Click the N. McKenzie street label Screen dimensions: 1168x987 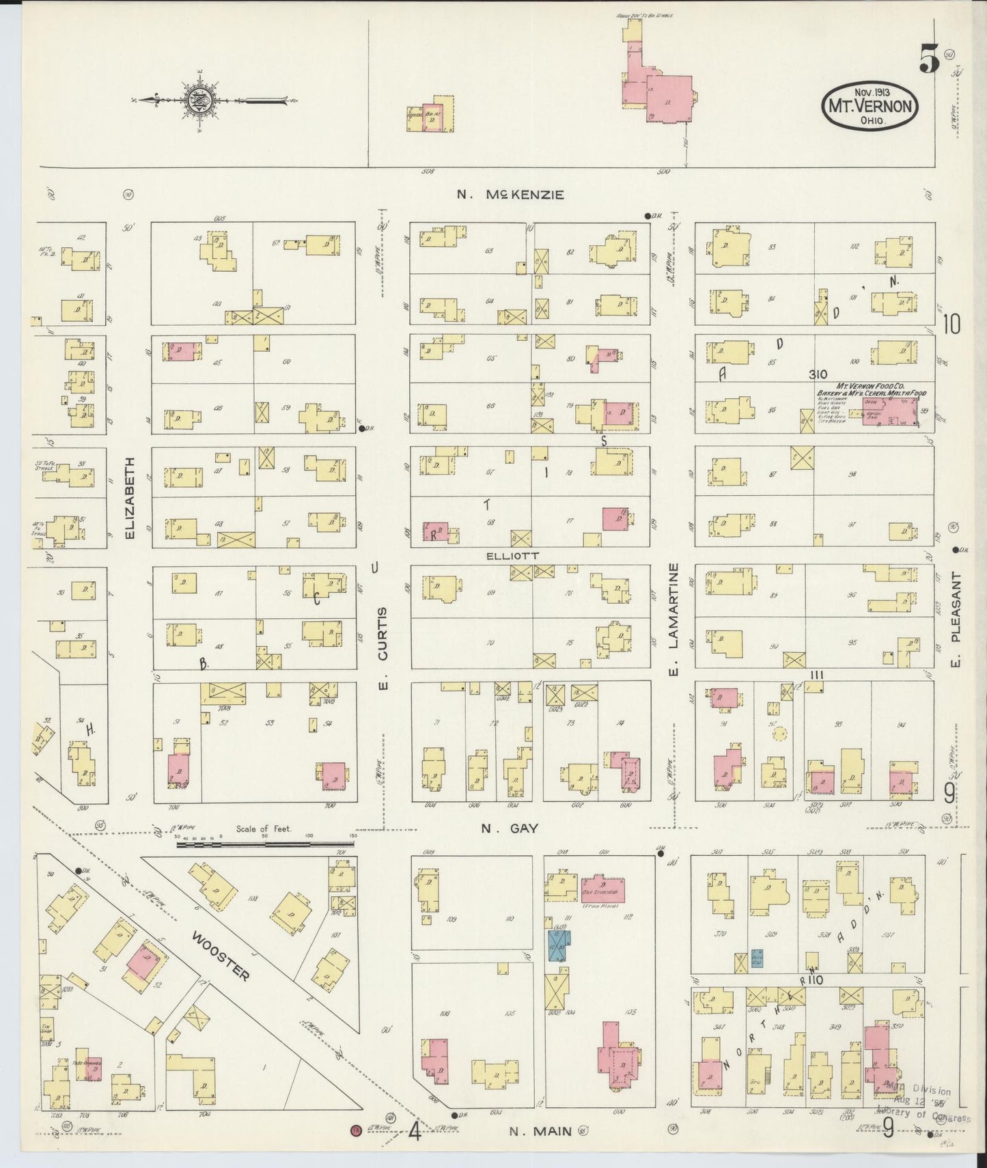click(x=510, y=195)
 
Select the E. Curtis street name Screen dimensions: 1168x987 click(x=383, y=648)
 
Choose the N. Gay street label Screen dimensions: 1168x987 click(x=510, y=829)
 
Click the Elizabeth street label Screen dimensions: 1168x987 click(x=130, y=498)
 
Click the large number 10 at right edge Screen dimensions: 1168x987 click(x=951, y=324)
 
